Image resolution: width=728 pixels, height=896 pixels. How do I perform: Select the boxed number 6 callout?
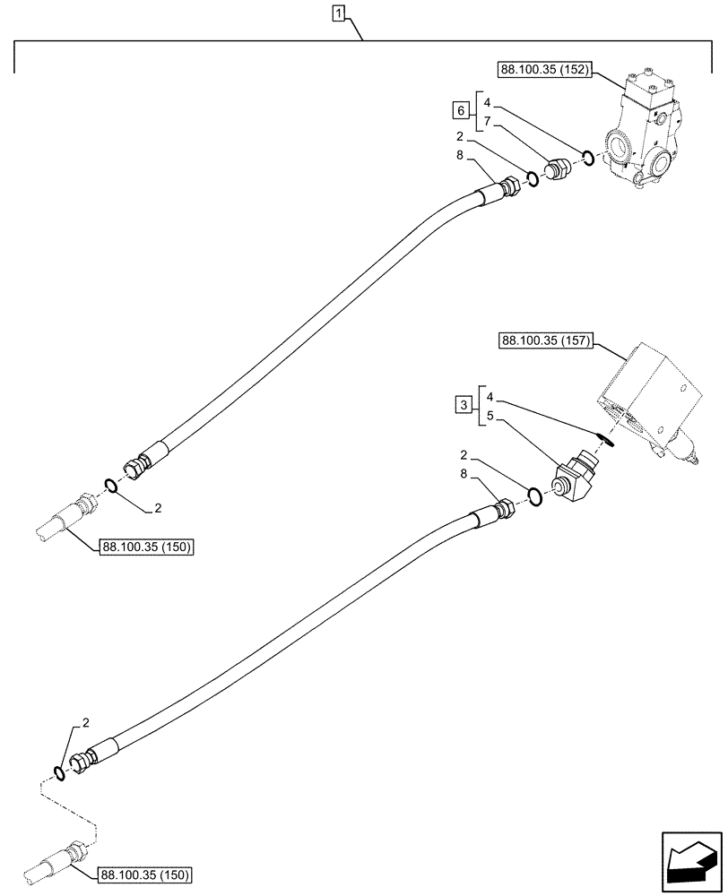[x=460, y=110]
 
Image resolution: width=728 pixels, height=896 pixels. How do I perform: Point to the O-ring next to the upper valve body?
[x=588, y=159]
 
